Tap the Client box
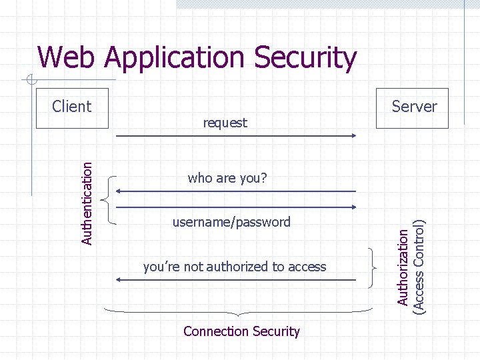[72, 107]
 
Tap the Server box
[413, 107]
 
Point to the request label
[225, 123]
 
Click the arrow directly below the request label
[237, 136]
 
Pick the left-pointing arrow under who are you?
[237, 192]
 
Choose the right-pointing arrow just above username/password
[237, 207]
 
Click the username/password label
[231, 222]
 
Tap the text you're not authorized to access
[235, 267]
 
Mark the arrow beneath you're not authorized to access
[237, 281]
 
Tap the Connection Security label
[241, 331]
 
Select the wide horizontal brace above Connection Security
[239, 311]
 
